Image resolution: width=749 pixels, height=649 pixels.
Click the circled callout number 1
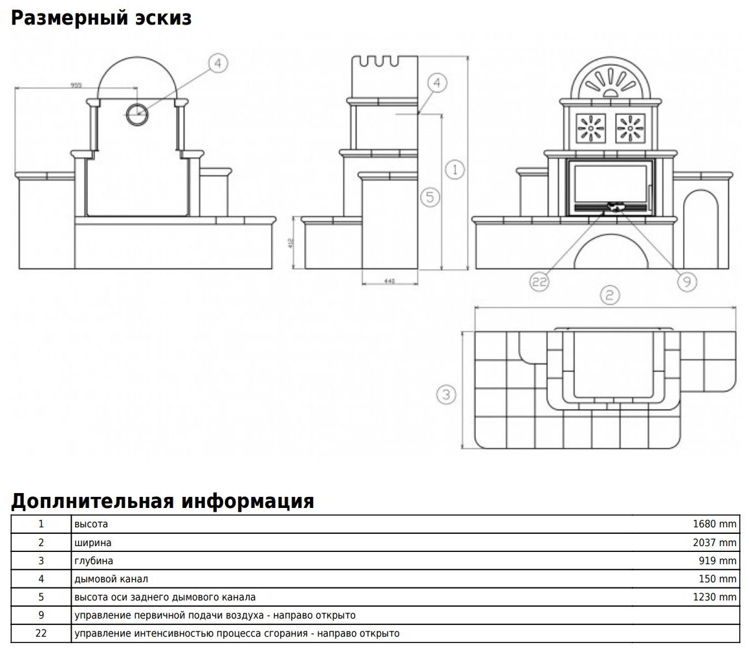point(455,170)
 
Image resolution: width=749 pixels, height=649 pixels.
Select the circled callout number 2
point(609,296)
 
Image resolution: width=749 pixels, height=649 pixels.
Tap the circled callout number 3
point(446,394)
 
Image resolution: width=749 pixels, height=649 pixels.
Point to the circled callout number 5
point(431,197)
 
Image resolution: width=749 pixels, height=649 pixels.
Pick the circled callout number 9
point(686,281)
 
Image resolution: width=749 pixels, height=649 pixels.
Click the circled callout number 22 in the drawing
point(539,281)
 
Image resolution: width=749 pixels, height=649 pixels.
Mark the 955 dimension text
point(76,84)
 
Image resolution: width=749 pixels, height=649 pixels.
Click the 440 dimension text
point(389,281)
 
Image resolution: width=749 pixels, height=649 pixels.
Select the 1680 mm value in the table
point(714,524)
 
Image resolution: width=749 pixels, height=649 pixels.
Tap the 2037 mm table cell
point(714,542)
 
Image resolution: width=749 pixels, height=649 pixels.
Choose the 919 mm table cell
point(718,560)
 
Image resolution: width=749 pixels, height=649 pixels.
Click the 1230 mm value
point(714,597)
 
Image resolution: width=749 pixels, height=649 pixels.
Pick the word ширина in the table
point(92,542)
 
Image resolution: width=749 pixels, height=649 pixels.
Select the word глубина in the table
point(94,560)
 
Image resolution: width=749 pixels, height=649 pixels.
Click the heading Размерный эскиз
point(101,17)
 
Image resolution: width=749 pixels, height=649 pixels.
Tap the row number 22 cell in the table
point(41,633)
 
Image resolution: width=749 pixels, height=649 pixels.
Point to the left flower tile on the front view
point(590,127)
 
